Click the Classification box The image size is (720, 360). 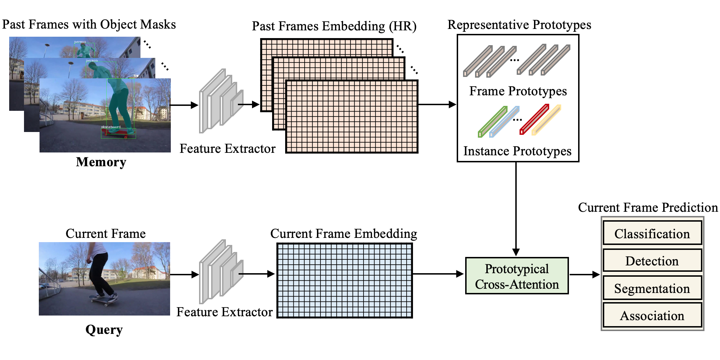coord(652,233)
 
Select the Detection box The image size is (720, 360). coord(652,260)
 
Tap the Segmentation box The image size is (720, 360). coord(652,288)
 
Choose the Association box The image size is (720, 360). coord(652,315)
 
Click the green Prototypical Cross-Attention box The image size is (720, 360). coord(517,276)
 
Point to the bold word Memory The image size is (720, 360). coord(101,162)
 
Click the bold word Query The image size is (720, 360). coord(104,329)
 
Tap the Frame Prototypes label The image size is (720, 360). coord(518,91)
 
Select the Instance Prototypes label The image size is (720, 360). coord(517,151)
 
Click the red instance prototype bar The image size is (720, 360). coord(534,120)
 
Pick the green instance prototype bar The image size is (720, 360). coord(492,122)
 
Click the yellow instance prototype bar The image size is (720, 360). coord(546,120)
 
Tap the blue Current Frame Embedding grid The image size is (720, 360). coord(344,281)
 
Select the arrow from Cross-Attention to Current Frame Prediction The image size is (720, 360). coord(584,275)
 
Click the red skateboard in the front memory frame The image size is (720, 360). coord(118,133)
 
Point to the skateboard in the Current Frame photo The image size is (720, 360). coord(103,299)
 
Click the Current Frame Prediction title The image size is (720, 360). coord(648,207)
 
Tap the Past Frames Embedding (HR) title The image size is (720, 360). coord(334,26)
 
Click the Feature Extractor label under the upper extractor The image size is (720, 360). coord(227,149)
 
